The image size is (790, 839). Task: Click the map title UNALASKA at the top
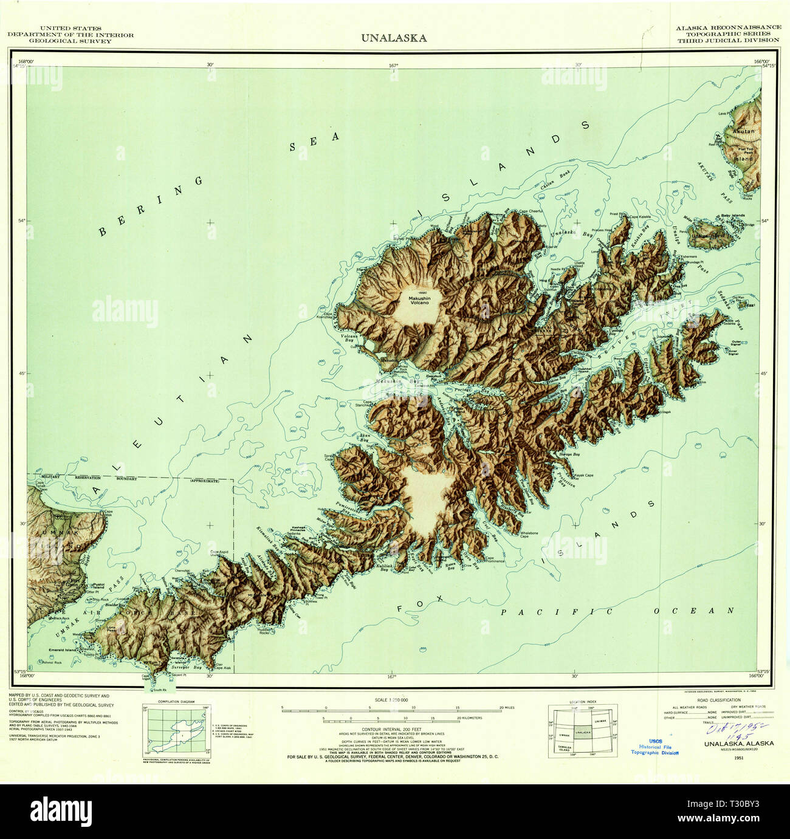[x=394, y=38]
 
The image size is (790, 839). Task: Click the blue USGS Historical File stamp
[x=654, y=747]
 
